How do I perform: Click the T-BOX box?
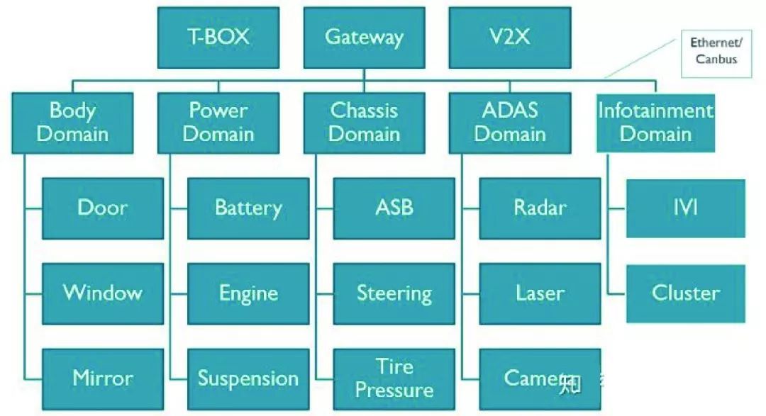pyautogui.click(x=218, y=38)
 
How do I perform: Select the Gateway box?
pyautogui.click(x=364, y=38)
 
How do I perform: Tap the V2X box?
pyautogui.click(x=509, y=38)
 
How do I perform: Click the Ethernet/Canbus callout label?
pyautogui.click(x=716, y=52)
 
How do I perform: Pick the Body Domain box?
pyautogui.click(x=72, y=123)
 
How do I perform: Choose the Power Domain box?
pyautogui.click(x=218, y=123)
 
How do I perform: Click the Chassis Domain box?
pyautogui.click(x=364, y=123)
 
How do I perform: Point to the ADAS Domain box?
pyautogui.click(x=509, y=123)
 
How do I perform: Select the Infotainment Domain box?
pyautogui.click(x=655, y=123)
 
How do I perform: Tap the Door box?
pyautogui.click(x=103, y=208)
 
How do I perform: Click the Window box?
pyautogui.click(x=103, y=293)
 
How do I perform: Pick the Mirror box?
pyautogui.click(x=103, y=378)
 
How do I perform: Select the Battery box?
pyautogui.click(x=248, y=208)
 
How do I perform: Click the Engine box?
pyautogui.click(x=248, y=293)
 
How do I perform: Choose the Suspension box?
pyautogui.click(x=248, y=378)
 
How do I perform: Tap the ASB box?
pyautogui.click(x=394, y=208)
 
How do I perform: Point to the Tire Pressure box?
pyautogui.click(x=394, y=378)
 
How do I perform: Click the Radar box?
pyautogui.click(x=540, y=208)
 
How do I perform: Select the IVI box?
pyautogui.click(x=685, y=208)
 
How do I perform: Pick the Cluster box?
pyautogui.click(x=685, y=293)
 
